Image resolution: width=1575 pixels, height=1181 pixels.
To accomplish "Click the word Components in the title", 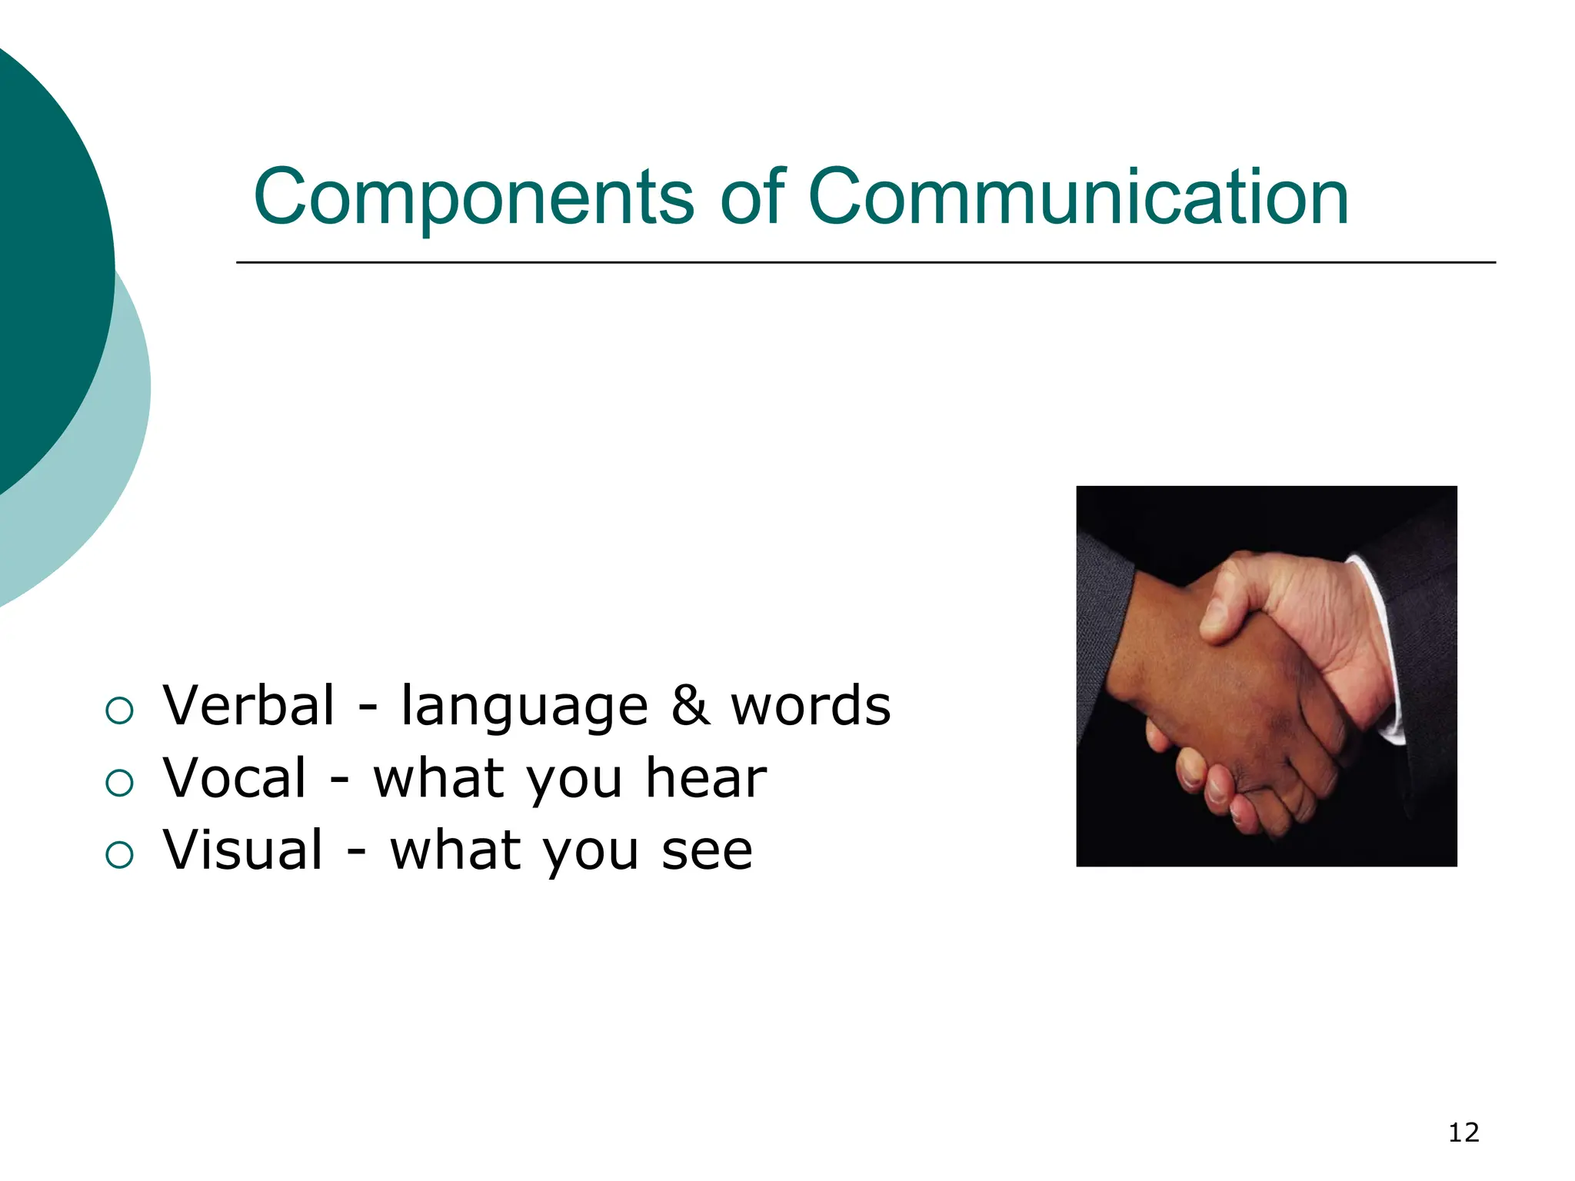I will point(473,198).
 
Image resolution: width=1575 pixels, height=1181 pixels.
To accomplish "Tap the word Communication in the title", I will point(1078,198).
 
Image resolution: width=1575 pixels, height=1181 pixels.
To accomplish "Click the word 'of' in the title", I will point(752,198).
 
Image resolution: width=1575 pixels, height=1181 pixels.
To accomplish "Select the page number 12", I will point(1463,1133).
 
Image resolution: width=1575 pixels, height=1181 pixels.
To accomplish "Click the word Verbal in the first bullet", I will point(248,705).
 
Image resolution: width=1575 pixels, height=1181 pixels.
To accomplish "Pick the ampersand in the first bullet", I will point(690,705).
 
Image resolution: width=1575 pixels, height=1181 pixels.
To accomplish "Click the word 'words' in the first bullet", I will point(811,705).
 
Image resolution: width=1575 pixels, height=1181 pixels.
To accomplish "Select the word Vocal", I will point(235,777).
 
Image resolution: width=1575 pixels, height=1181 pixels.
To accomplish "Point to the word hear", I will point(706,777).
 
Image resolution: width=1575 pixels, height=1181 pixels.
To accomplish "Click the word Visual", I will point(243,850).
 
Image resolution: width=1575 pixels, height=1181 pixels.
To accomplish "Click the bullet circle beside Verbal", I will point(120,710).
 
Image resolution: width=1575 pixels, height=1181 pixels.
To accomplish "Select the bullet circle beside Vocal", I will point(120,783).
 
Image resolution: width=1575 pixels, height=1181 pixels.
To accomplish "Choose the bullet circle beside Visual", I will point(120,855).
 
